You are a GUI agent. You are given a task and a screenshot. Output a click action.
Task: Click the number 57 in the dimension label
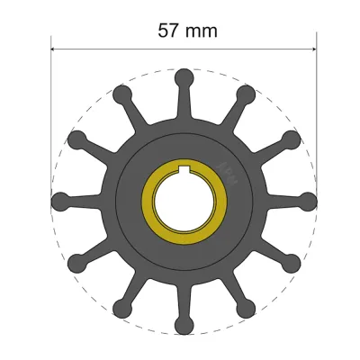(x=169, y=30)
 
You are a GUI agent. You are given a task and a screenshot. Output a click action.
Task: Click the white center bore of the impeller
(x=184, y=200)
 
